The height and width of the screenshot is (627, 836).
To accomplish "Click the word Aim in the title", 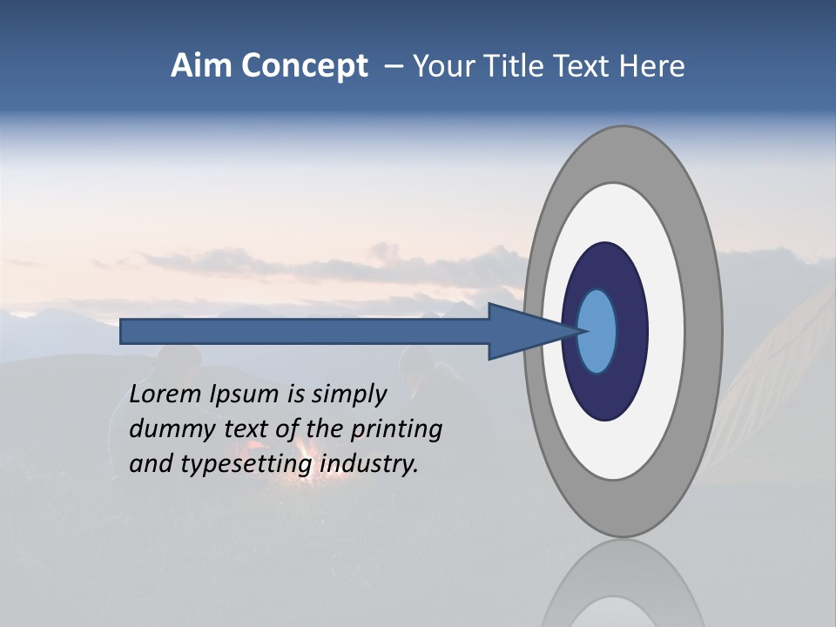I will tap(201, 66).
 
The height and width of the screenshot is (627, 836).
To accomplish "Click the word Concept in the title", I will tap(304, 66).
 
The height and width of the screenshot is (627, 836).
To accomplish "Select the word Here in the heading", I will tap(652, 66).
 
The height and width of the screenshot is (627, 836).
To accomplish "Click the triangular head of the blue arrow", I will tap(522, 331).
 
